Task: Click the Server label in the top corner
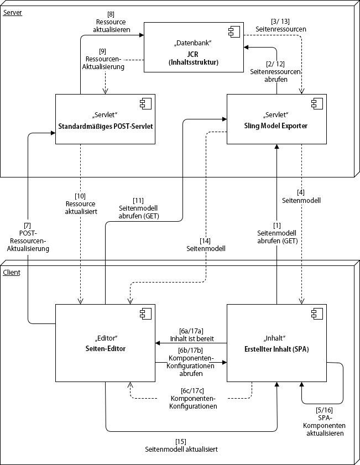13,12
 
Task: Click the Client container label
12,273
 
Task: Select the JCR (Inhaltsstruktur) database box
194,47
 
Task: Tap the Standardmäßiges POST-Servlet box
105,119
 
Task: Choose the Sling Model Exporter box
276,119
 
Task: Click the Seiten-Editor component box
105,343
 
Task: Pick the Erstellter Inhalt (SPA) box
276,343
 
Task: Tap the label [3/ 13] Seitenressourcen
281,24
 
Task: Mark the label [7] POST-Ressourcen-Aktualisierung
27,237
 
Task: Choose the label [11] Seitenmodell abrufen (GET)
139,208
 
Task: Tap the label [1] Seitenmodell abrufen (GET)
276,233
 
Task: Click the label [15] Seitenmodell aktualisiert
181,445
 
